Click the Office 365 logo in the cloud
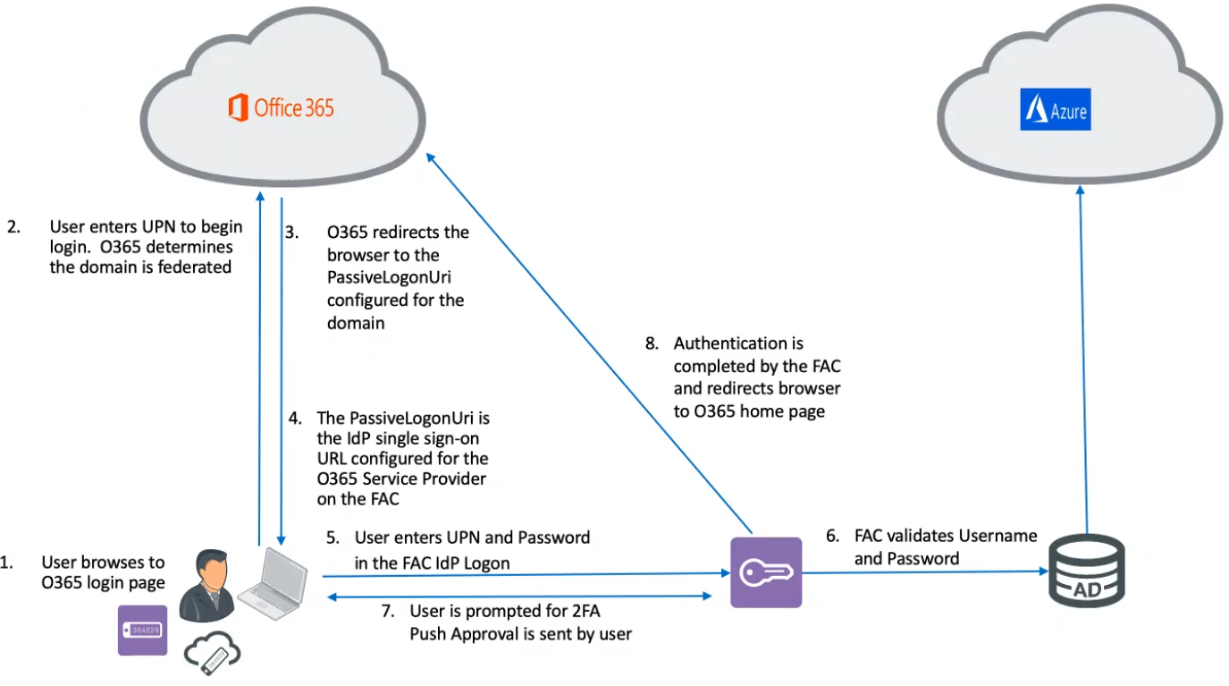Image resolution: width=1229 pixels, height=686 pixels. (282, 108)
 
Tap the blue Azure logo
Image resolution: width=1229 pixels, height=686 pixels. (1056, 113)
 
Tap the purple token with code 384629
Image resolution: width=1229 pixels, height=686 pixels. (142, 631)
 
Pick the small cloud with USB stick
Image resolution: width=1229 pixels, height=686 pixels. (213, 656)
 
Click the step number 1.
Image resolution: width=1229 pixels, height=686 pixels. (6, 563)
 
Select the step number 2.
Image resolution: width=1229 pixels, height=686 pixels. (13, 226)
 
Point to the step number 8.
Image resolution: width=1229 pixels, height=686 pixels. (652, 343)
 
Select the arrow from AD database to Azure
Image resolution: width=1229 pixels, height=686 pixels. (1084, 358)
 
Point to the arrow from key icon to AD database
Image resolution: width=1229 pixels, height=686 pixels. (921, 574)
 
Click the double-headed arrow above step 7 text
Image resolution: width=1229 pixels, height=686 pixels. (518, 595)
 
